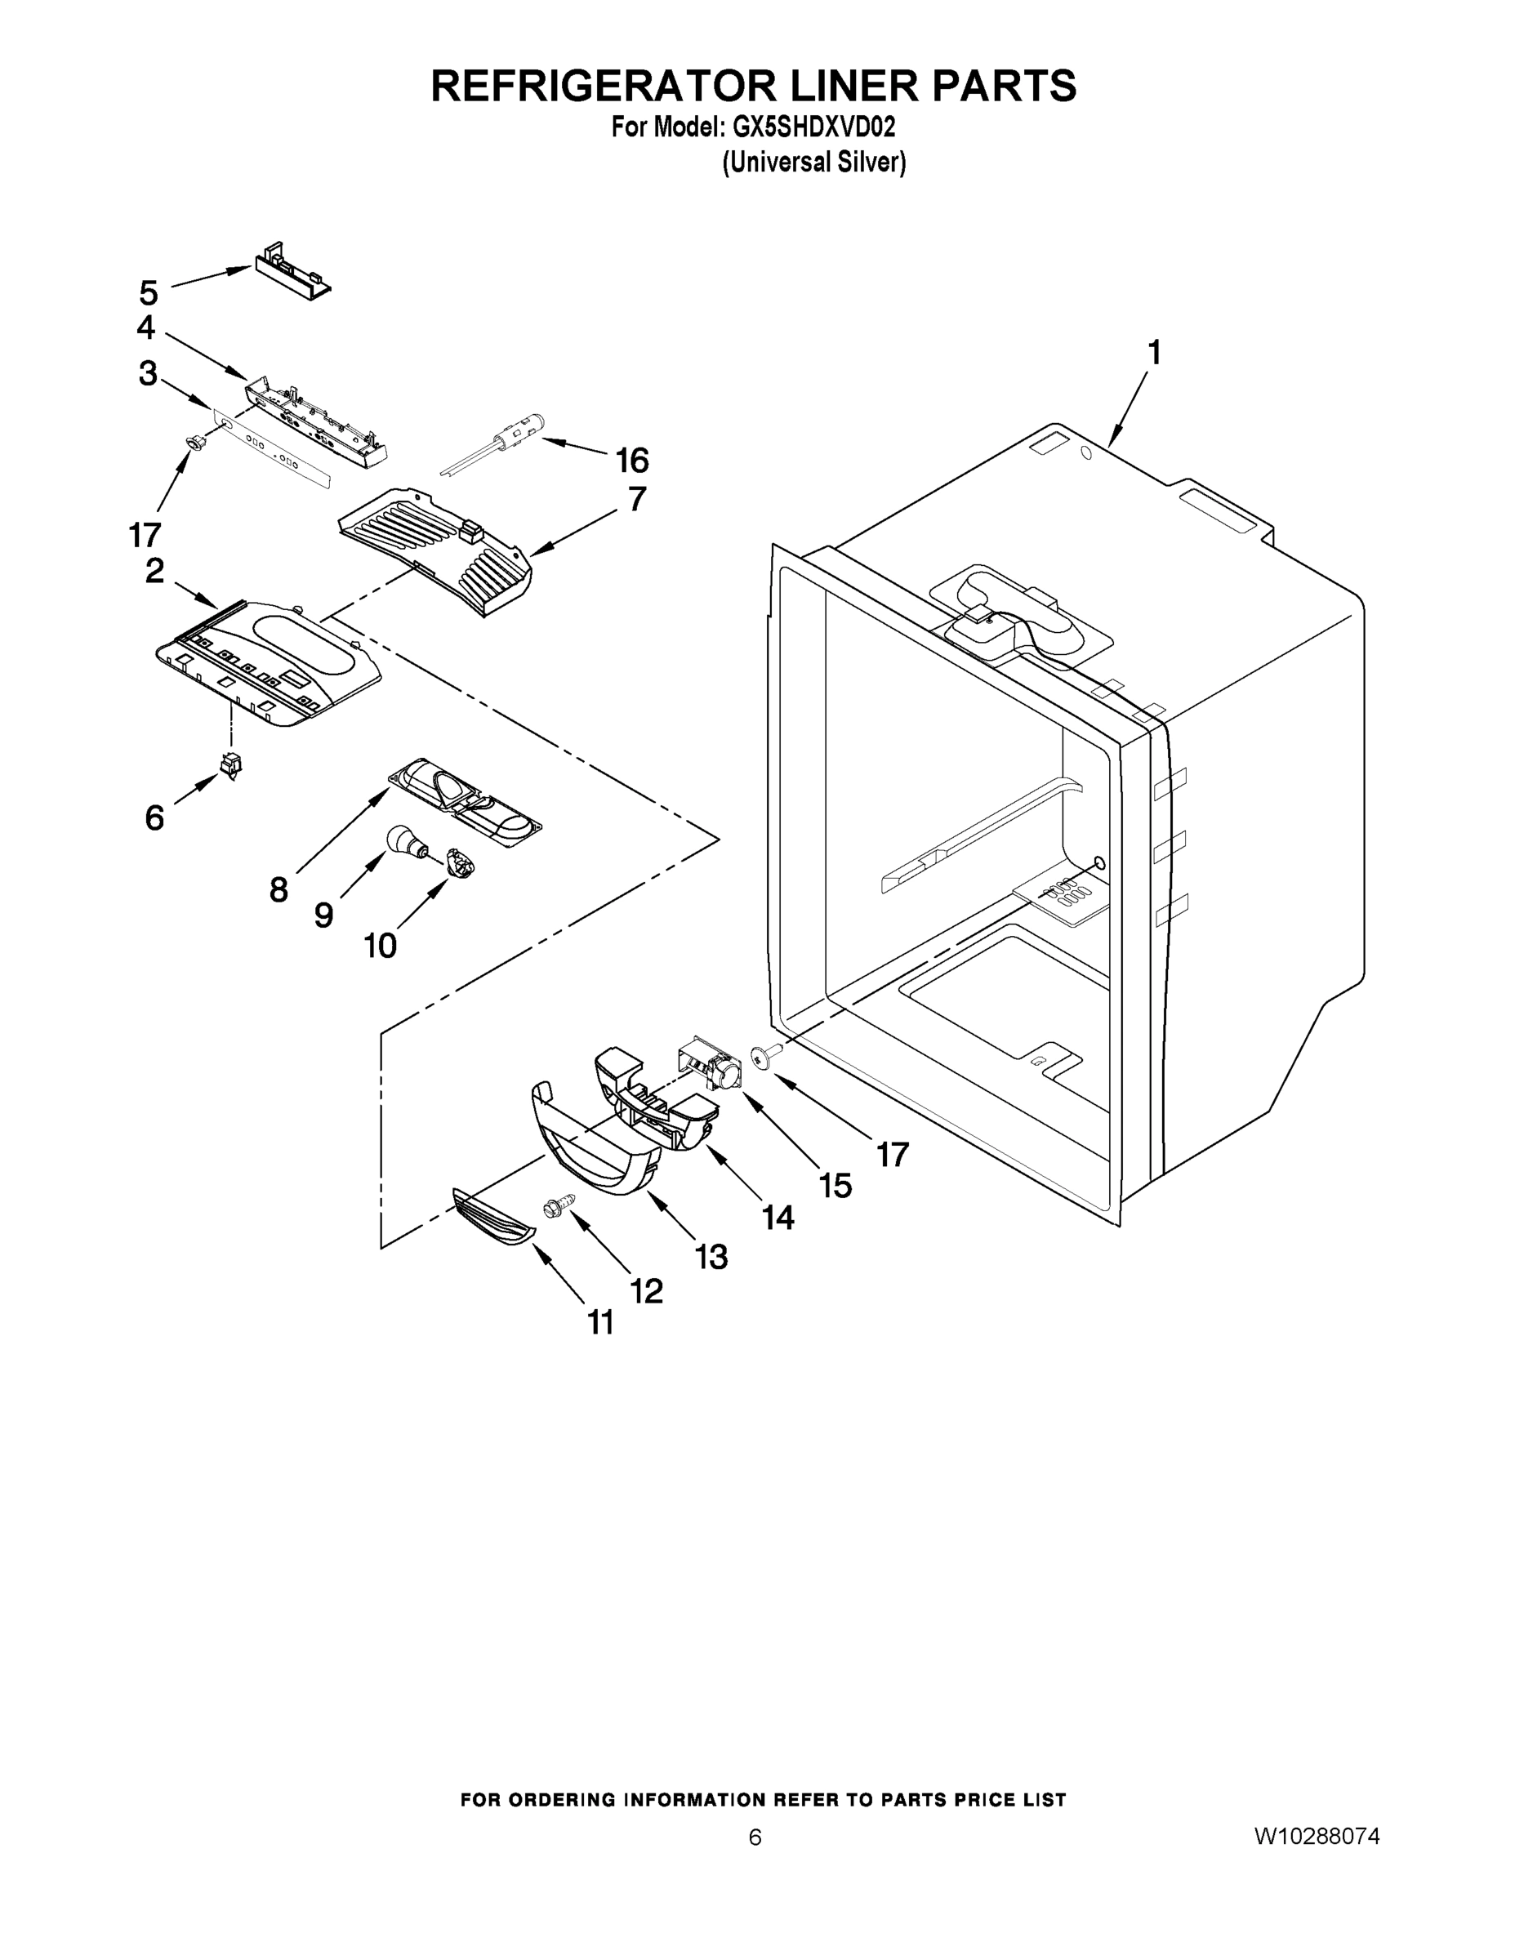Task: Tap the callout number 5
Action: point(149,292)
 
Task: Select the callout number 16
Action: point(632,461)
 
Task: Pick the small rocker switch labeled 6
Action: point(232,765)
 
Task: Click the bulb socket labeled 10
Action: point(461,865)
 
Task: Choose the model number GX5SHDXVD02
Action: point(814,127)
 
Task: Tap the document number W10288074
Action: point(1317,1835)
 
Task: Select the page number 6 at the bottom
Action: point(755,1836)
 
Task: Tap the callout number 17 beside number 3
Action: point(145,535)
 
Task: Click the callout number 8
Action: point(279,890)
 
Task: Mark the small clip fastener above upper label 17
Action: point(193,442)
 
